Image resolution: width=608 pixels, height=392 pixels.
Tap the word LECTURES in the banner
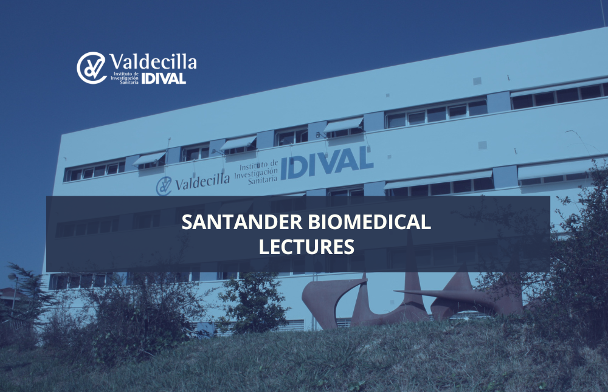coord(306,247)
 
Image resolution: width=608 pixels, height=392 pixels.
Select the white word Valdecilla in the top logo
coord(153,61)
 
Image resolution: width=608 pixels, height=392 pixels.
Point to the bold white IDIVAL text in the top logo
coord(164,79)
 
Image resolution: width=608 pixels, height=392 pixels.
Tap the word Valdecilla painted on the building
coord(202,181)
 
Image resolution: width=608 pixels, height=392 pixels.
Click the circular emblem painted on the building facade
coord(164,186)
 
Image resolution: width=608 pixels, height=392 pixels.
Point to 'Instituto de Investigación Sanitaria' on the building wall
coord(257,171)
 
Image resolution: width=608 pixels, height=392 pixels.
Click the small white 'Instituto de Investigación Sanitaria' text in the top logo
coord(125,78)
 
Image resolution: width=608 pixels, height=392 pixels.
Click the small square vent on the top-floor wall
coord(477,81)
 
